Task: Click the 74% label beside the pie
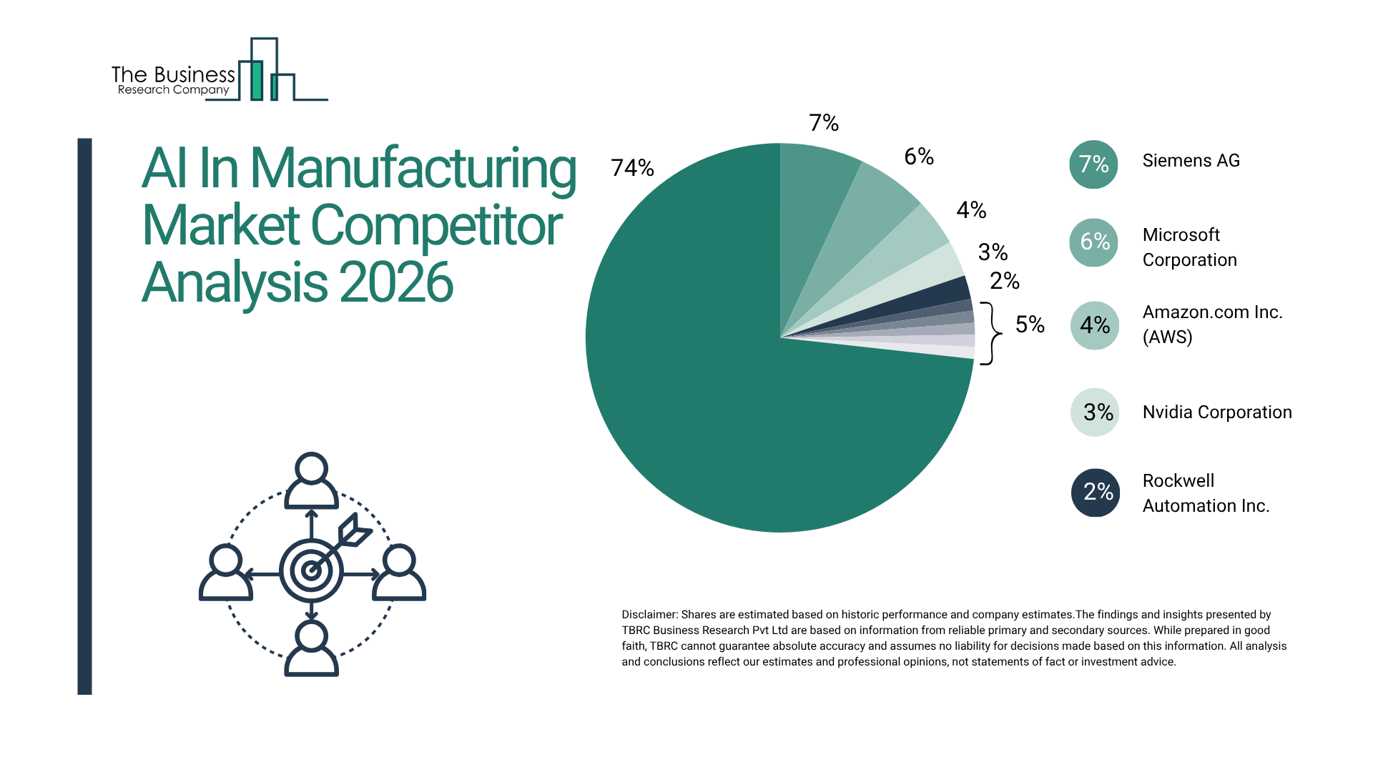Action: (x=632, y=168)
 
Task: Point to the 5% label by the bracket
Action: (x=1030, y=325)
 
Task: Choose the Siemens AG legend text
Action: (x=1191, y=161)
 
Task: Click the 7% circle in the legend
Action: (x=1093, y=164)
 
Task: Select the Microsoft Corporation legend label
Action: (x=1189, y=247)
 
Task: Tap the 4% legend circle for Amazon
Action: (x=1094, y=325)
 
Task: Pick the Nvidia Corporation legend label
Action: (x=1216, y=412)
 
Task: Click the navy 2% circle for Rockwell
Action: (x=1096, y=493)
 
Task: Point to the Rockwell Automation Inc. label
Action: (x=1205, y=493)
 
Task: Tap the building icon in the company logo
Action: (x=265, y=71)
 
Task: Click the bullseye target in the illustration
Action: (x=311, y=570)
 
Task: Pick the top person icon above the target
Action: (x=311, y=480)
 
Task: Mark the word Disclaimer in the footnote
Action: (x=649, y=615)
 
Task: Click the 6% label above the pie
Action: (x=918, y=157)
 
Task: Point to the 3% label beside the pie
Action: (x=993, y=252)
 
